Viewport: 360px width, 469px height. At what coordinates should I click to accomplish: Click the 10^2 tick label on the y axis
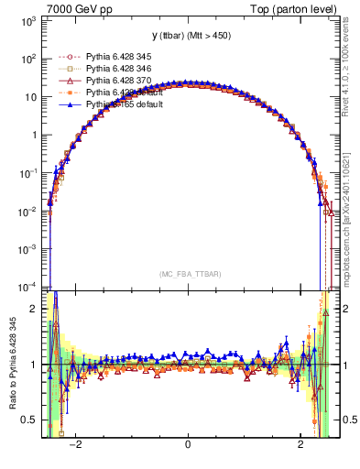[x=29, y=58]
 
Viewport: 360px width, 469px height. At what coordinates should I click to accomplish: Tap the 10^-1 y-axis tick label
[x=28, y=172]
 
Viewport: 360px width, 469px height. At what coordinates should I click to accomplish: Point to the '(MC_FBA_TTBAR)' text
[x=189, y=275]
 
